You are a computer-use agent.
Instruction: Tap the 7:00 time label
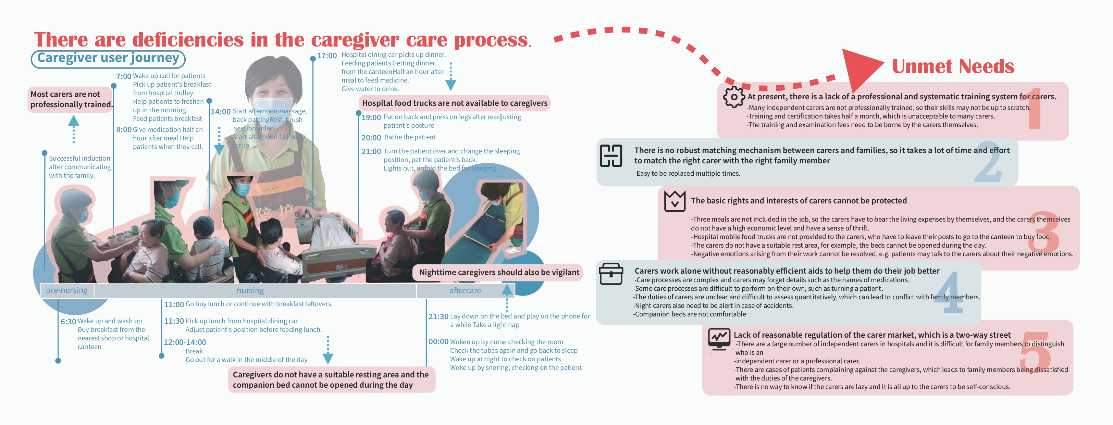pos(124,76)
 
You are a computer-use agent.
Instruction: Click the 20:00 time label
pos(371,138)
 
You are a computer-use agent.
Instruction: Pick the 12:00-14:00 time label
pos(185,342)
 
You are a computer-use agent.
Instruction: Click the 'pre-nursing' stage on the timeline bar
pos(66,290)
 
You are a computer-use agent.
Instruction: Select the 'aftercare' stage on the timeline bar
pos(465,291)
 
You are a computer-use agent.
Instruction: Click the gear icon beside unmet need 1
pos(734,97)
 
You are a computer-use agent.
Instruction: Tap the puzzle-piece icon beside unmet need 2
pos(611,155)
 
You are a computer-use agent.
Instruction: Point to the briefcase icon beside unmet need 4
pos(611,274)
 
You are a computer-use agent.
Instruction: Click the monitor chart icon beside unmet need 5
pos(719,339)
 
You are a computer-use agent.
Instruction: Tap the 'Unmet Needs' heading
pos(953,66)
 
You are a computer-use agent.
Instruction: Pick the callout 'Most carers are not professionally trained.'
pos(71,99)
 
